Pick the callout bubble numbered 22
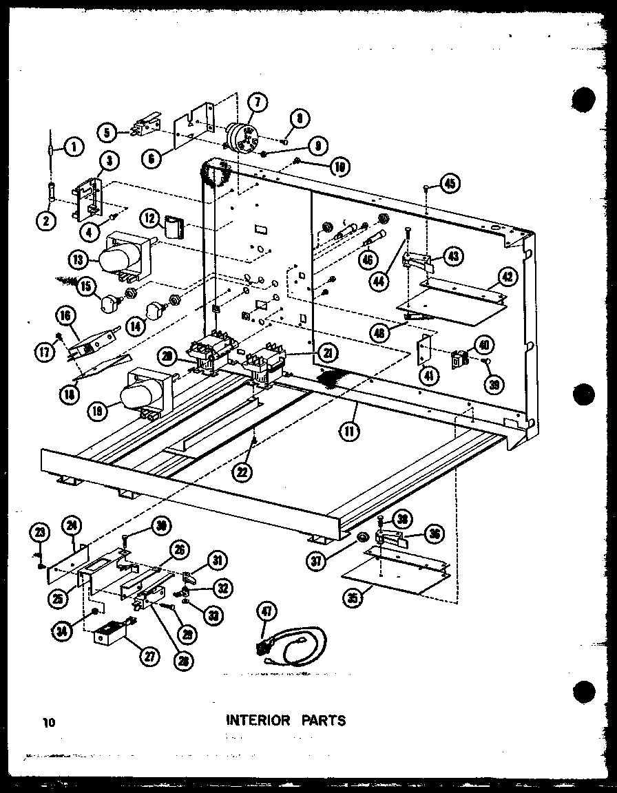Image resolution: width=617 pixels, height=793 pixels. coord(242,471)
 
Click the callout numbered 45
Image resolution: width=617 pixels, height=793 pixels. coord(451,184)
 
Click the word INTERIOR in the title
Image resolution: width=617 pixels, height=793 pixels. coord(258,721)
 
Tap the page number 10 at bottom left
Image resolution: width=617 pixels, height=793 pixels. coord(48,722)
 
